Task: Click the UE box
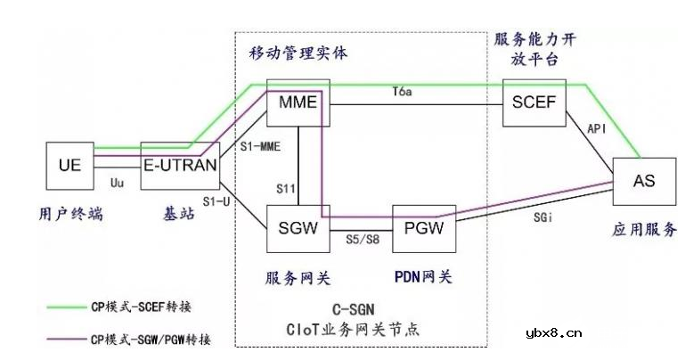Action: click(69, 166)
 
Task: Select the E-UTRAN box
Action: click(177, 166)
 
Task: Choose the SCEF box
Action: click(534, 102)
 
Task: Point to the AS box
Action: click(643, 180)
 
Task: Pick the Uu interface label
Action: click(116, 183)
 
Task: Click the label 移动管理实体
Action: click(298, 53)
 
